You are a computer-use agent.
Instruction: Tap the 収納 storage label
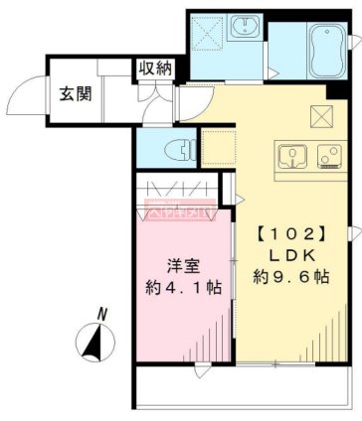point(155,69)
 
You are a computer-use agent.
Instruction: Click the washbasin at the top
point(245,30)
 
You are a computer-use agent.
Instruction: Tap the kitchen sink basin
point(290,154)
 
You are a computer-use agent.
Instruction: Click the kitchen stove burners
point(327,154)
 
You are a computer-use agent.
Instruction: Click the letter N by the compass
point(100,314)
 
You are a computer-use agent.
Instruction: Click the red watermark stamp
point(178,210)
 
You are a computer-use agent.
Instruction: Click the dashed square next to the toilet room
point(218,146)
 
